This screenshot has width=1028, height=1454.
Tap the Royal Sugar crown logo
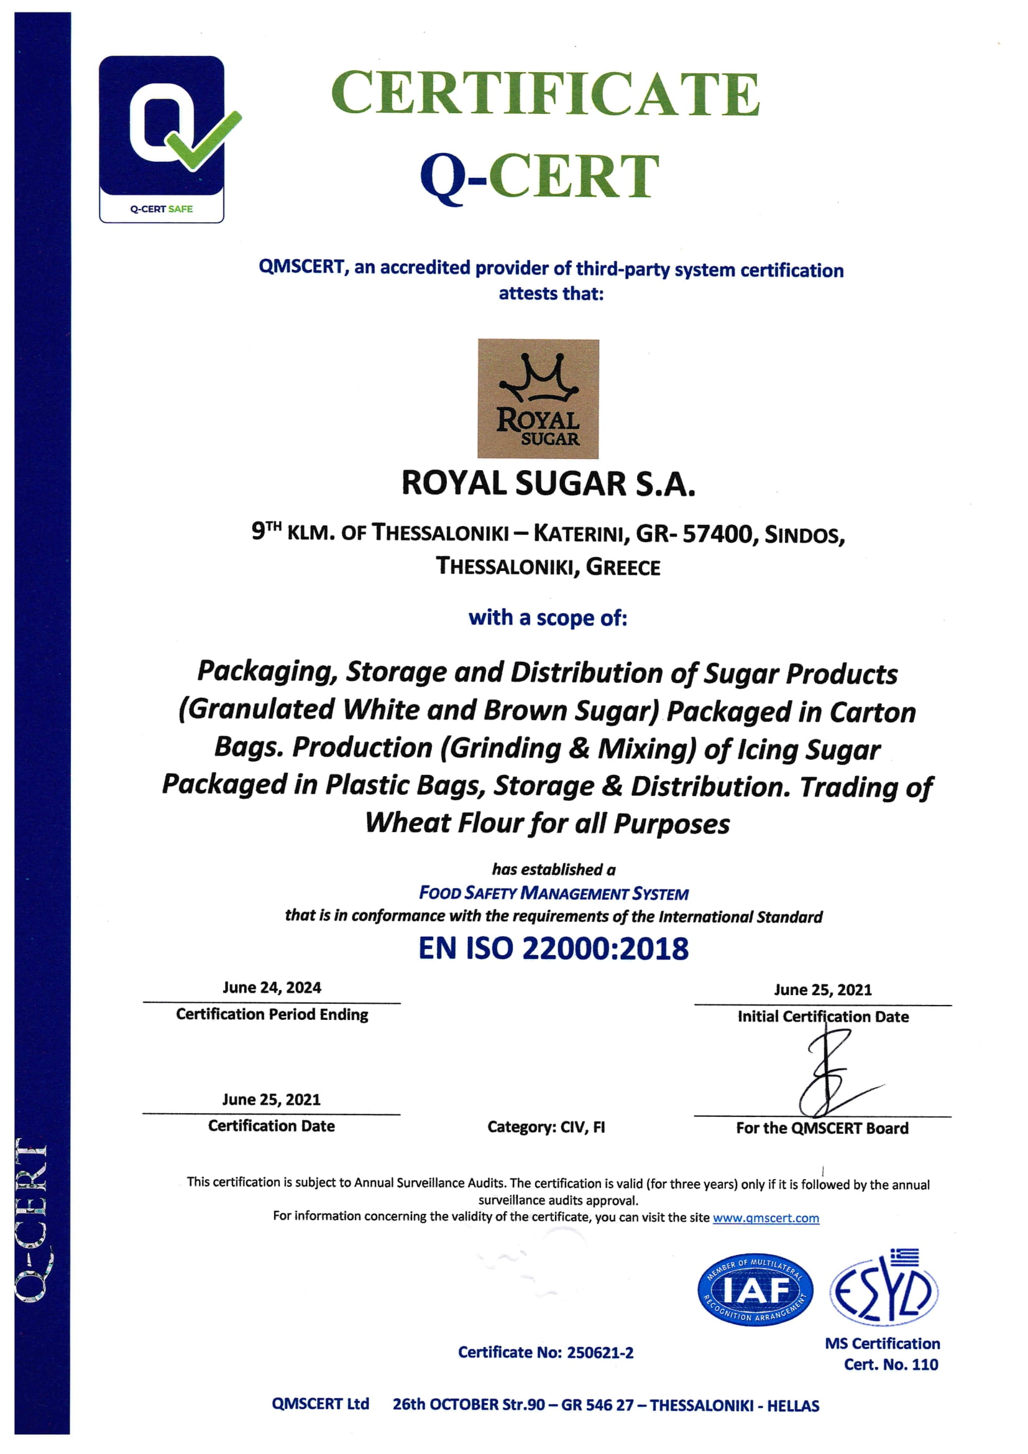pos(538,399)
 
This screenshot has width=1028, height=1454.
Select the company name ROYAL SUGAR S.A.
pos(548,484)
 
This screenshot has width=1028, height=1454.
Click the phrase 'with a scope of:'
pos(548,618)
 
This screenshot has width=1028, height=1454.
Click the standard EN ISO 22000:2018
pos(553,948)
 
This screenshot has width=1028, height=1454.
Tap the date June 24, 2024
pos(272,988)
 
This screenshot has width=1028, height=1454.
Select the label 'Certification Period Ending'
pos(272,1014)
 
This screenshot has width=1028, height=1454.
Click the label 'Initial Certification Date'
pos(823,1016)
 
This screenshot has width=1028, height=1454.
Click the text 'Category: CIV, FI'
pos(546,1127)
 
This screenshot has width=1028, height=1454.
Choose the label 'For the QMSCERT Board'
pos(822,1128)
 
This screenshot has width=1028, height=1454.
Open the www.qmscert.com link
pos(766,1218)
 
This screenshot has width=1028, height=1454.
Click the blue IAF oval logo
pos(755,1290)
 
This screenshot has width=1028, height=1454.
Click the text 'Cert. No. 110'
pos(891,1364)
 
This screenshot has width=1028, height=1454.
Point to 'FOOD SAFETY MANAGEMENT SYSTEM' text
pos(553,894)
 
